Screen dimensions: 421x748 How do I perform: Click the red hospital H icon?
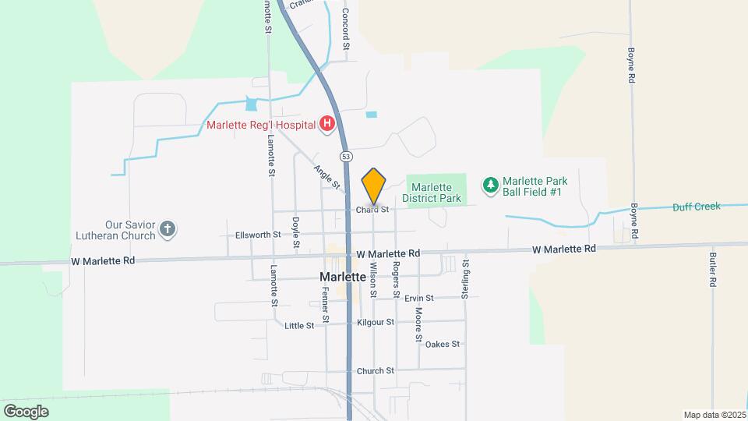(x=328, y=124)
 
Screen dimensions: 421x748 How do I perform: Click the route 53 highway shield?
(x=344, y=156)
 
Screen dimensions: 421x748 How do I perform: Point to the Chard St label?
(x=372, y=210)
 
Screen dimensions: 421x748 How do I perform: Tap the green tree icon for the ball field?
(x=490, y=185)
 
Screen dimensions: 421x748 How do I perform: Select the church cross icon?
(x=167, y=229)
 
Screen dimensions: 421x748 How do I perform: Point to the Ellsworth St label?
(x=257, y=235)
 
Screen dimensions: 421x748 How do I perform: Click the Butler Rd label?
(x=713, y=269)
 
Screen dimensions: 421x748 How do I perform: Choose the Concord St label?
(x=345, y=30)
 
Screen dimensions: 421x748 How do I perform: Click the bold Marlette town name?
(x=343, y=278)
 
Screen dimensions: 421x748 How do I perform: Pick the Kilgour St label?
(x=376, y=321)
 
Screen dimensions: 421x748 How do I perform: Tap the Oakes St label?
(x=443, y=344)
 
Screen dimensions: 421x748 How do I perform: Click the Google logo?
(x=26, y=411)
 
